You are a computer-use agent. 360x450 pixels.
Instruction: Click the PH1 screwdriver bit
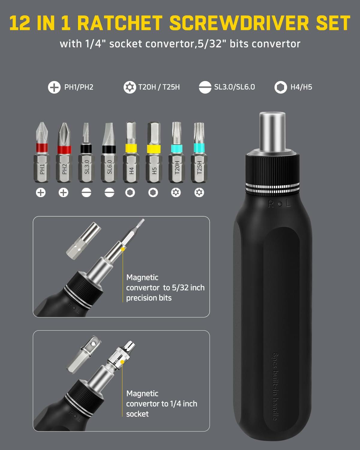(41, 153)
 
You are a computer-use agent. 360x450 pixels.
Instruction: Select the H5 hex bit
(153, 153)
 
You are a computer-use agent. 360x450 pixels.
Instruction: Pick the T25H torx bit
(199, 153)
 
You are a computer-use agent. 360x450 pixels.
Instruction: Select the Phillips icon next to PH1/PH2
(54, 87)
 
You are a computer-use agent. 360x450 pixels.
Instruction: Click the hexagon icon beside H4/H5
(280, 87)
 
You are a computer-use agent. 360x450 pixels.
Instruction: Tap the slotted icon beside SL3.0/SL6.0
(205, 87)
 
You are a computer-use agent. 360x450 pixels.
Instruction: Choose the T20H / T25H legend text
(159, 87)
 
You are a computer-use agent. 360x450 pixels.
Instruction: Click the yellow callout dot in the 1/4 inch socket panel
(122, 362)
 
